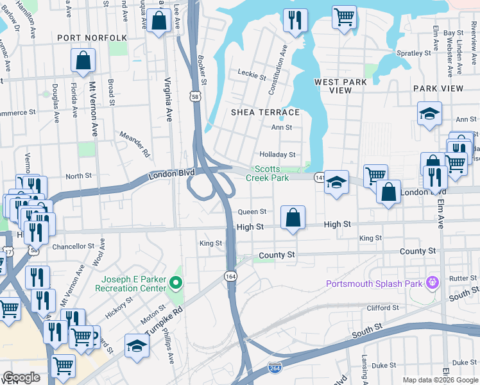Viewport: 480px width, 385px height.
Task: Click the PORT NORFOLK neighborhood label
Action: click(92, 38)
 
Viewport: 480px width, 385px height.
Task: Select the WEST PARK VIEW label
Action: click(341, 86)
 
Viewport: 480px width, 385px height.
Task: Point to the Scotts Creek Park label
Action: click(272, 174)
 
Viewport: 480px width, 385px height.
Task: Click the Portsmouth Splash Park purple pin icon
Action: click(433, 281)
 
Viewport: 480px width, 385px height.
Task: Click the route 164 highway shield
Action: click(229, 275)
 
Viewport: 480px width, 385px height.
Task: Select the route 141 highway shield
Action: click(319, 176)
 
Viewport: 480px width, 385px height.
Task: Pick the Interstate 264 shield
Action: click(273, 368)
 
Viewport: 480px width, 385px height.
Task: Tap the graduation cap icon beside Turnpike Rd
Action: click(137, 345)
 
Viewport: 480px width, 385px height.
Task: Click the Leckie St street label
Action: click(252, 76)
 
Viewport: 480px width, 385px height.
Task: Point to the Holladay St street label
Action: click(277, 155)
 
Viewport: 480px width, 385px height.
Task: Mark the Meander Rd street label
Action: click(135, 144)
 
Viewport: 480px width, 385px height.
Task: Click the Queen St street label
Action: click(252, 212)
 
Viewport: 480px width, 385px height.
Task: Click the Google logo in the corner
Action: click(22, 378)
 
